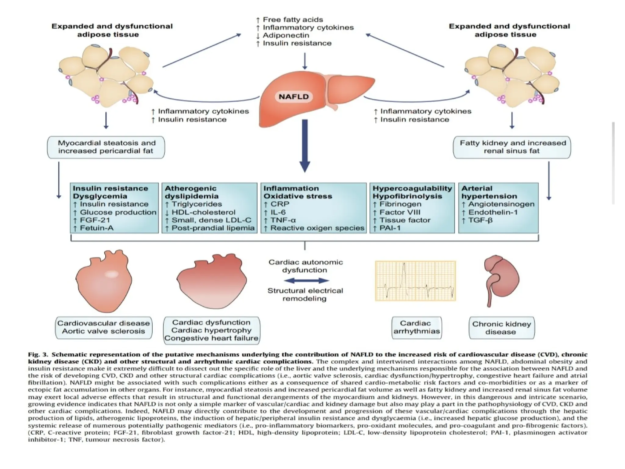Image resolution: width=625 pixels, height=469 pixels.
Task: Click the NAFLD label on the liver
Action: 294,97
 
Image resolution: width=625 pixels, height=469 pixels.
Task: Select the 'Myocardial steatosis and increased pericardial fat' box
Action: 106,147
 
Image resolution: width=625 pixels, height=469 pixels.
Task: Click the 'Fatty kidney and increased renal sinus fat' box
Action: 512,147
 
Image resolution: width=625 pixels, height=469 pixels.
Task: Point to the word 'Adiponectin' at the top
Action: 286,35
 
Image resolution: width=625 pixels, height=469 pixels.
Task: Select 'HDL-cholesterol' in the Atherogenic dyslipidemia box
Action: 203,212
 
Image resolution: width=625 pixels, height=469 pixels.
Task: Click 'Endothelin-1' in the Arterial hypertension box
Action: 493,212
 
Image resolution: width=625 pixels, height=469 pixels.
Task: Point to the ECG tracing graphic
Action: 415,281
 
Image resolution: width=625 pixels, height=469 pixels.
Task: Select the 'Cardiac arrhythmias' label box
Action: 416,327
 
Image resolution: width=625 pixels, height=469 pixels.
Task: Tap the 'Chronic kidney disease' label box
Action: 501,328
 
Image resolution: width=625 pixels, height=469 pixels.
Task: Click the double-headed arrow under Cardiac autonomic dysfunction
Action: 306,281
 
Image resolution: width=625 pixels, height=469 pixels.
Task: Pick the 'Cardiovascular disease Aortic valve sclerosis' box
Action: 104,327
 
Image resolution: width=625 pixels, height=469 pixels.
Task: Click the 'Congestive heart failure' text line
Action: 211,338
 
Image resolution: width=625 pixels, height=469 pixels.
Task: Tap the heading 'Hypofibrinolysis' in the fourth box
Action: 407,196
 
